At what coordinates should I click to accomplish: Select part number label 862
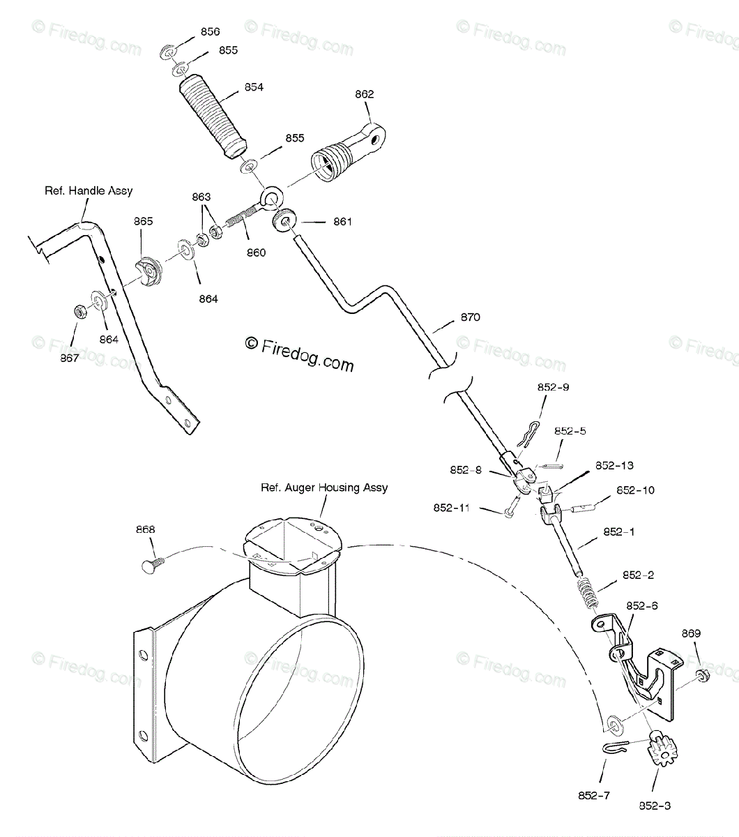(364, 94)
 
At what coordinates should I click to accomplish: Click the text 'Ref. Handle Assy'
(89, 190)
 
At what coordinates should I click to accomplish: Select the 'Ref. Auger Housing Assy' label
(324, 488)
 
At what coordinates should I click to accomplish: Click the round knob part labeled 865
(147, 271)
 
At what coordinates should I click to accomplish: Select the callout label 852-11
(452, 508)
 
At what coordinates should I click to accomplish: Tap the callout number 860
(255, 252)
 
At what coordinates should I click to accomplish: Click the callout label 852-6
(642, 605)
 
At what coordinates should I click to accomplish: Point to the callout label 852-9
(552, 387)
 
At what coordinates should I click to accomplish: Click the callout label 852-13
(614, 465)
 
